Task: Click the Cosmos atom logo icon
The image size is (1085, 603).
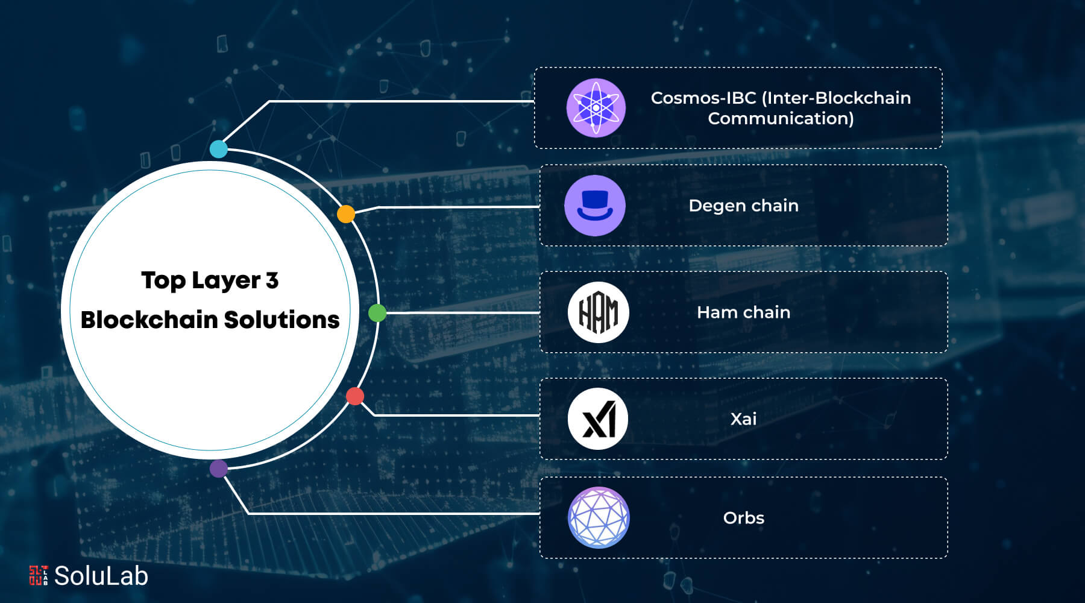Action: click(x=596, y=108)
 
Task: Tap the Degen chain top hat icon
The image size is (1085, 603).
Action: click(x=595, y=206)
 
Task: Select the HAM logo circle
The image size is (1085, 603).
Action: click(x=599, y=312)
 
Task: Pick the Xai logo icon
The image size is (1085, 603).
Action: click(x=599, y=418)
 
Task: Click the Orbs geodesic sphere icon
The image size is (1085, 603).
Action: click(x=599, y=517)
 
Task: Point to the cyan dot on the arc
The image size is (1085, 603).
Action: click(x=218, y=149)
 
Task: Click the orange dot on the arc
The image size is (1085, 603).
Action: click(x=346, y=214)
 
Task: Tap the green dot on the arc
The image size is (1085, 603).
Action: click(x=377, y=313)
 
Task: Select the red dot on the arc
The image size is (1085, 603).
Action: click(x=355, y=396)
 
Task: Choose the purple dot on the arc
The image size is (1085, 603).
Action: click(x=219, y=469)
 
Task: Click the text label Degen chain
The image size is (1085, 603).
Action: click(x=743, y=206)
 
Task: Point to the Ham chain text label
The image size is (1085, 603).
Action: click(x=743, y=312)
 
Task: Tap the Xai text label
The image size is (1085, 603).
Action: click(x=743, y=418)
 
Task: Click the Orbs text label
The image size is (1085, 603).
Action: click(x=743, y=518)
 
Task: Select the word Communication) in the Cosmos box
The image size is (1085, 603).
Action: click(x=781, y=119)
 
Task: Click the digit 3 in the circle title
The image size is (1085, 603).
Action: click(x=272, y=280)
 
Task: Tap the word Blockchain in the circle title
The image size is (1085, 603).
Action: click(x=149, y=320)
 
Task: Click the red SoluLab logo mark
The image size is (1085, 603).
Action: click(x=39, y=575)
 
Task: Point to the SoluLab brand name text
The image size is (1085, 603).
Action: click(x=101, y=576)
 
